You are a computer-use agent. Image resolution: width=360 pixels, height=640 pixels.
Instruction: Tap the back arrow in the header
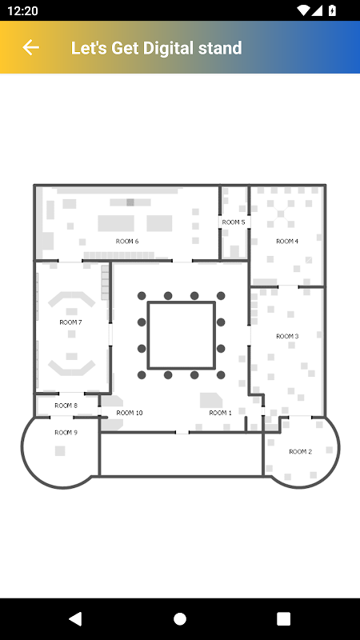[x=30, y=47]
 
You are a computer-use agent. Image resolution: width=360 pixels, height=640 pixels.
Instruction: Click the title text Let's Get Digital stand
[x=156, y=48]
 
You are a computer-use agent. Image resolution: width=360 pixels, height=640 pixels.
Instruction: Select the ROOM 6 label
[x=127, y=242]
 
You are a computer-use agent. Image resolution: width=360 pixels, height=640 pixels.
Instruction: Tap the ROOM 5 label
[x=234, y=222]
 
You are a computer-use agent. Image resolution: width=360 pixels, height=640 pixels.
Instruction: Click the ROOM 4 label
[x=287, y=242]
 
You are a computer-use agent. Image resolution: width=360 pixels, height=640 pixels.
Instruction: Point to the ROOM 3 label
[x=287, y=336]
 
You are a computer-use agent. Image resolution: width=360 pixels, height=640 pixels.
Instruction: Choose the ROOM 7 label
[x=70, y=322]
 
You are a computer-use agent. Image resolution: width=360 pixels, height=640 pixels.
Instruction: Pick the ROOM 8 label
[x=66, y=406]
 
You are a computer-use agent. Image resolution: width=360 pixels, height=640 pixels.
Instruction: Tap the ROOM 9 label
[x=66, y=433]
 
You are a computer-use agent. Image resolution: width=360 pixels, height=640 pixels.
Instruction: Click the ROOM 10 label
[x=130, y=413]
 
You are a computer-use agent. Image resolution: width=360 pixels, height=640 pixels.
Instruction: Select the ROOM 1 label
[x=221, y=413]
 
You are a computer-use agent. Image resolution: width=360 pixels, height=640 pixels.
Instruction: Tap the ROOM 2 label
[x=301, y=451]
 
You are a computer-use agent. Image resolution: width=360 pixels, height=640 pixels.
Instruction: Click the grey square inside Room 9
[x=60, y=450]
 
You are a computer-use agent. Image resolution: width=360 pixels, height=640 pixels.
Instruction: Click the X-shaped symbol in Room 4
[x=281, y=213]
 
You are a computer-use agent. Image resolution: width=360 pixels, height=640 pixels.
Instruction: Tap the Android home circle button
[x=180, y=618]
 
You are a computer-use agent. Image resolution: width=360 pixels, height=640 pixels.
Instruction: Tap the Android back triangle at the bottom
[x=75, y=618]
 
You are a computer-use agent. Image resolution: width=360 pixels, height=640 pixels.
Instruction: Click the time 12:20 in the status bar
[x=22, y=10]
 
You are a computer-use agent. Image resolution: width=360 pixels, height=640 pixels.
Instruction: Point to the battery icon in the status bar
[x=332, y=10]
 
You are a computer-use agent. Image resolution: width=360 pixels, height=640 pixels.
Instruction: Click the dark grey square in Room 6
[x=130, y=202]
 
